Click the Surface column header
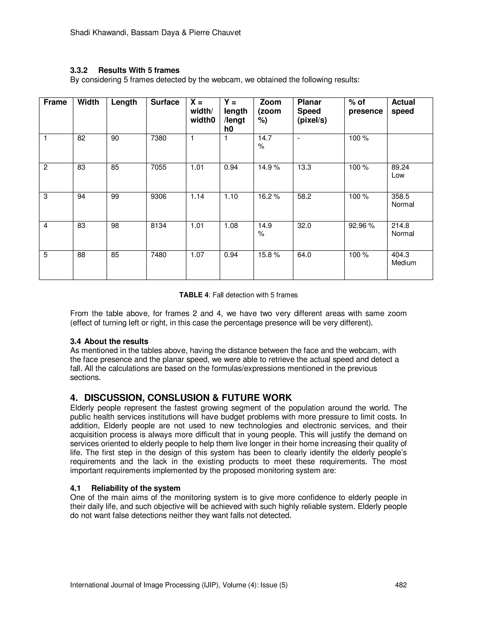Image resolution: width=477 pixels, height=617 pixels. (165, 102)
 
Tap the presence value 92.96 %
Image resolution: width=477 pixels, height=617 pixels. (361, 225)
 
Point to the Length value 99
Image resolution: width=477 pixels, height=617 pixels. (115, 196)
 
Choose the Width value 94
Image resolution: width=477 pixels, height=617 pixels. (81, 196)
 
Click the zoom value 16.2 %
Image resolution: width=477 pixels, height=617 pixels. (269, 196)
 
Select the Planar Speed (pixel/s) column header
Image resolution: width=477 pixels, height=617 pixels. (312, 111)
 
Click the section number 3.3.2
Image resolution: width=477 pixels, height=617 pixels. (79, 70)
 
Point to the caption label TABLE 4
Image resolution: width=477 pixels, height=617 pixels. (194, 295)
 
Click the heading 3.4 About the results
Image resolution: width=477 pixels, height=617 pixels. (109, 341)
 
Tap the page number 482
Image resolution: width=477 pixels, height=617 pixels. (400, 585)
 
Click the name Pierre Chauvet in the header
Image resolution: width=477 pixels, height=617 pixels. (215, 33)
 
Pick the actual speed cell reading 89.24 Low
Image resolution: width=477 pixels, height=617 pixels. (400, 171)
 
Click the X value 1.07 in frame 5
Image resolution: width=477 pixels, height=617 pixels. (197, 255)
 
